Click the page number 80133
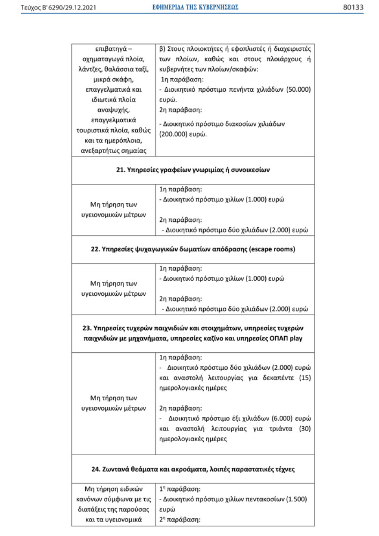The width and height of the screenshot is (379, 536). [353, 7]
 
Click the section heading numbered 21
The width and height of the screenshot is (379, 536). [193, 170]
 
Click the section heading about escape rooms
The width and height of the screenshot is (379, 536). [193, 249]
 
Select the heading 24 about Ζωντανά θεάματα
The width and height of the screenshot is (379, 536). [193, 469]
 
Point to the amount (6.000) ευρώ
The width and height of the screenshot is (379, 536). [281, 418]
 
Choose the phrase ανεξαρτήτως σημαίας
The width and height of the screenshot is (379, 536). [114, 150]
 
